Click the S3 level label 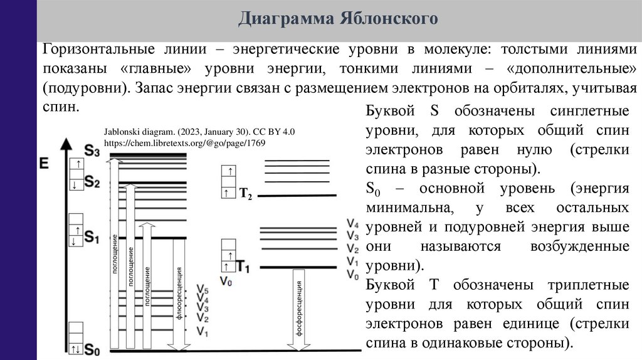[x=92, y=151]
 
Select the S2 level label [x=92, y=183]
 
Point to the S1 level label [x=92, y=237]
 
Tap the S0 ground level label [x=92, y=349]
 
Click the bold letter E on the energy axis [x=44, y=165]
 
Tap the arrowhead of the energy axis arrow [x=65, y=142]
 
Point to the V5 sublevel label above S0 [x=202, y=290]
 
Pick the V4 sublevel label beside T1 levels [x=352, y=225]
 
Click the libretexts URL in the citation [x=184, y=143]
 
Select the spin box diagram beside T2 [x=228, y=181]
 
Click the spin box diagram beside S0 [x=76, y=339]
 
